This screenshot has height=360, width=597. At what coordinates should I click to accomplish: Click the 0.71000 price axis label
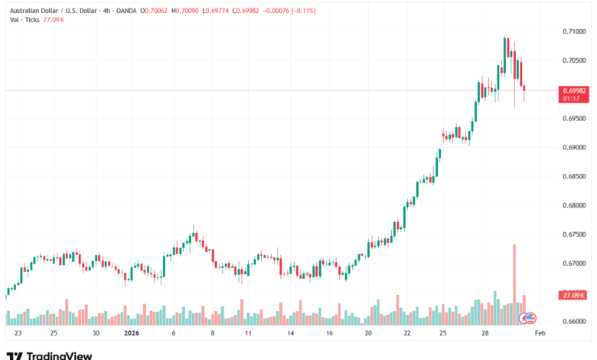tap(573, 31)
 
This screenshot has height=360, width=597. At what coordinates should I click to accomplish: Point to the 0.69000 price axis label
tap(573, 147)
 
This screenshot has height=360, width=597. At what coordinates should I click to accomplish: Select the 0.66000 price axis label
tap(573, 322)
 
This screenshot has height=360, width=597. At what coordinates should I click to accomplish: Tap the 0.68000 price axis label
tap(573, 205)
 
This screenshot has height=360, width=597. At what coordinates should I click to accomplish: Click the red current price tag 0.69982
tap(573, 90)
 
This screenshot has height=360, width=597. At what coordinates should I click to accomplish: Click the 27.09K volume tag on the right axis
tap(573, 295)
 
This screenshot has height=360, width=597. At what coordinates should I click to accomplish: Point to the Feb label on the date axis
tap(539, 334)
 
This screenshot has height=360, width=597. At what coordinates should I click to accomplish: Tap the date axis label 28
tap(485, 334)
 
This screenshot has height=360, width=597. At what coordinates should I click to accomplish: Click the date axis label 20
tap(368, 334)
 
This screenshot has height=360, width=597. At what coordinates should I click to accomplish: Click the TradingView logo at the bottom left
tap(49, 355)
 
